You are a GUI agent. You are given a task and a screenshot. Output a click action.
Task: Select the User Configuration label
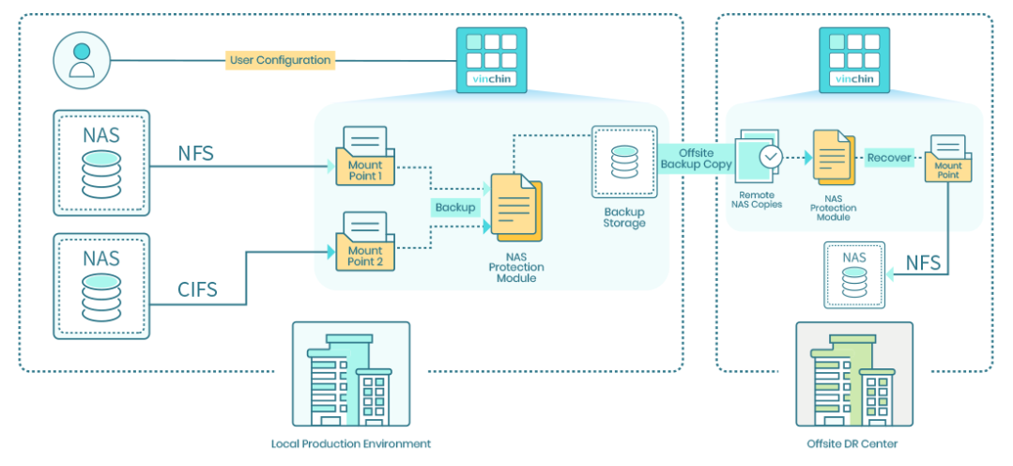(280, 60)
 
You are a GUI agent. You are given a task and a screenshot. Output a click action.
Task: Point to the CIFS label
(197, 290)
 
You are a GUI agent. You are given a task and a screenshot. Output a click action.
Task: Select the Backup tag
(454, 207)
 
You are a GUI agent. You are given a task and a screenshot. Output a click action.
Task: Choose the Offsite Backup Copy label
(696, 158)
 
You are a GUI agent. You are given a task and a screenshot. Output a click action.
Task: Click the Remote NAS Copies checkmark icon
(771, 156)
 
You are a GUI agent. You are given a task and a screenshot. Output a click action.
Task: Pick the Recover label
(888, 157)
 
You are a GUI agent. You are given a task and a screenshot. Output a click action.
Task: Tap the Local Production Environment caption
(350, 443)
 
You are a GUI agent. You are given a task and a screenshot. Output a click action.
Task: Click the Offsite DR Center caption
(852, 443)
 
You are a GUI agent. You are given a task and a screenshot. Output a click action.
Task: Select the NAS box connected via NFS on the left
(101, 163)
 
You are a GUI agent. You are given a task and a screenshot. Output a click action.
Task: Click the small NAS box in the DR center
(853, 274)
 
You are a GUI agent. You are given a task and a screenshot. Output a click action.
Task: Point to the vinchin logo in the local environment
(491, 59)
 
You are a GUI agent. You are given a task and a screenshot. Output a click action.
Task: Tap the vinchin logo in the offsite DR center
(853, 59)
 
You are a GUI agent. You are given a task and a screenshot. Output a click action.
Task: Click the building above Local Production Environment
(350, 373)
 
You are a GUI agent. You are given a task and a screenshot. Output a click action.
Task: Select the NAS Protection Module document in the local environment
(513, 208)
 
